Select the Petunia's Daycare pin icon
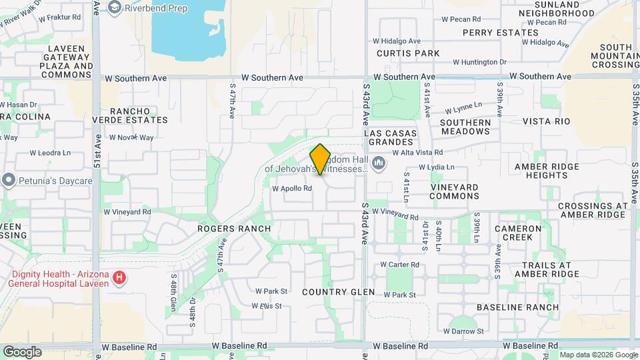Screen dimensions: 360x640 click(8, 180)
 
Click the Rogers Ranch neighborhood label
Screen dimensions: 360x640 click(234, 229)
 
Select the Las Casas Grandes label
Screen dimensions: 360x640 click(392, 138)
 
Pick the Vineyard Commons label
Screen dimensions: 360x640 click(454, 192)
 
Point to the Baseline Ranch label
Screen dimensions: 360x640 click(517, 307)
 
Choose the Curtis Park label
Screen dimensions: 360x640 click(408, 53)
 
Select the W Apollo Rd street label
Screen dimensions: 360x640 click(292, 189)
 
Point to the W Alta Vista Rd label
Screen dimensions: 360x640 click(417, 153)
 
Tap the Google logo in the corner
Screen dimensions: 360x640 click(22, 351)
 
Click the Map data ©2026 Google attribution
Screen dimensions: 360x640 click(598, 355)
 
